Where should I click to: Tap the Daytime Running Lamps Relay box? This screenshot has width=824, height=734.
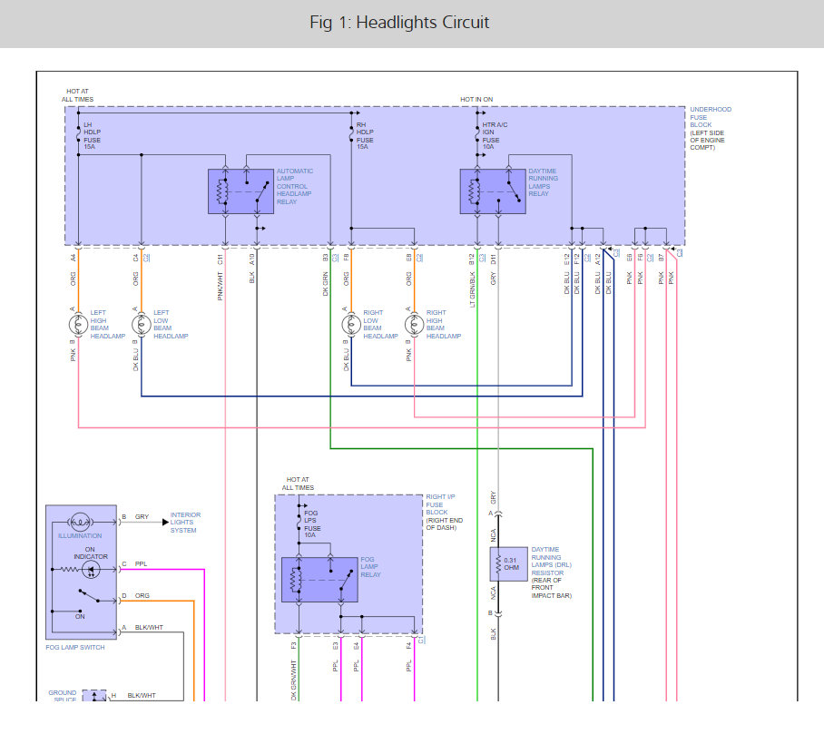(492, 191)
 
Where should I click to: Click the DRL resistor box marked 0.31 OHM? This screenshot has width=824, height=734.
(508, 564)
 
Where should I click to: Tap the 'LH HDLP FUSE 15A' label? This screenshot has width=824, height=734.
(92, 135)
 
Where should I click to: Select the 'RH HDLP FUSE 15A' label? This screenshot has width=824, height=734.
(365, 135)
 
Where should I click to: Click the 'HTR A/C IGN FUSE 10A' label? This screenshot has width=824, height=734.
(494, 135)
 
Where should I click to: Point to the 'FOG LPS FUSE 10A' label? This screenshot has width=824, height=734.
(311, 528)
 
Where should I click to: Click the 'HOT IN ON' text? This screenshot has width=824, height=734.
(477, 99)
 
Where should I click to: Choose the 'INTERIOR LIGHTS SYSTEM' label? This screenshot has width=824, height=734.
(185, 523)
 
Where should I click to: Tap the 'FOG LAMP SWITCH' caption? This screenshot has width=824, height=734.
(74, 647)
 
